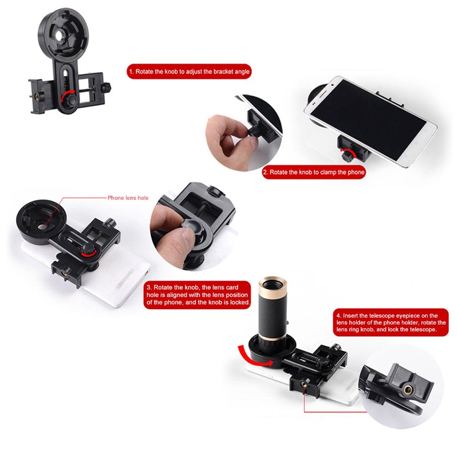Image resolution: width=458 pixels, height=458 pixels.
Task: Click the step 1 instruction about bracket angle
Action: coord(189,72)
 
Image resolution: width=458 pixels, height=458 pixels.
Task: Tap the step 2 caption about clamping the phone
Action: coord(313,172)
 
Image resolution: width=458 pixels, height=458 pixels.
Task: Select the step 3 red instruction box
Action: coord(198,294)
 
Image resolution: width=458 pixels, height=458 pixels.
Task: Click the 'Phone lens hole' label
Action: coord(128,198)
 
